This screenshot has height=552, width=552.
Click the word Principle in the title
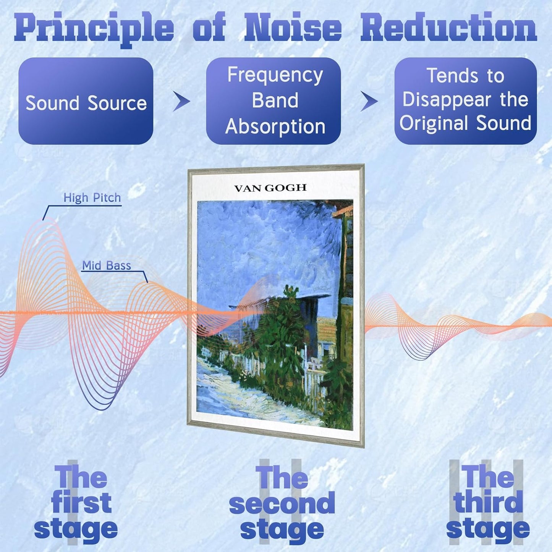[94, 30]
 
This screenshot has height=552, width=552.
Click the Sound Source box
[86, 101]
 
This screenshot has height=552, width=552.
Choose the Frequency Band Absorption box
[274, 101]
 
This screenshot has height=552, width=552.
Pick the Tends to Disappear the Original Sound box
[466, 101]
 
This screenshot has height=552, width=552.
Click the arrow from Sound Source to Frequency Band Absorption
[181, 101]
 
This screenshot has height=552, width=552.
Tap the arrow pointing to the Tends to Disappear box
[369, 101]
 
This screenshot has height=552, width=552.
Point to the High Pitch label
[92, 198]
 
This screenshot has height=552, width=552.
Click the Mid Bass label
[107, 265]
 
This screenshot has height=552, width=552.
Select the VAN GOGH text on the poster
[270, 188]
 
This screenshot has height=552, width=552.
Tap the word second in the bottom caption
[282, 503]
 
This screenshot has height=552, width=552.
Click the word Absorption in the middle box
[275, 126]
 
